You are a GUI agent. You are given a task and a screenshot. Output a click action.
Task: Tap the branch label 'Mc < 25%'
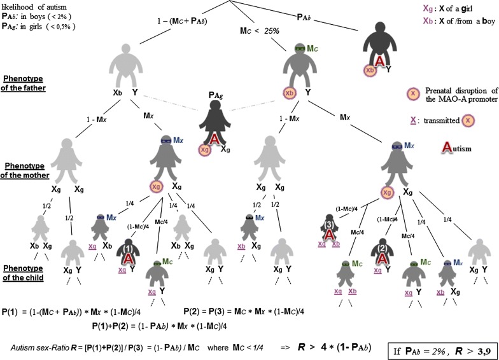260,30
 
